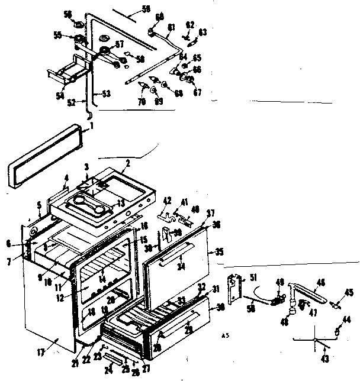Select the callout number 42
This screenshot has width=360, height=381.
(x=168, y=201)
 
